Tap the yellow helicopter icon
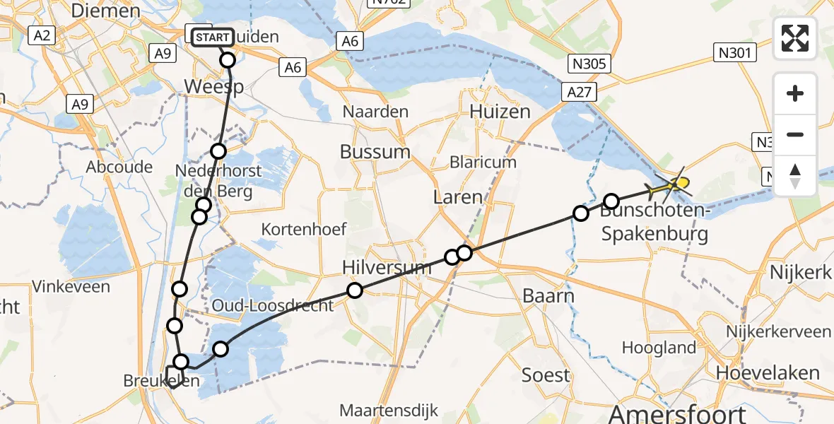671,186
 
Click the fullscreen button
795,38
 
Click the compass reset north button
795,176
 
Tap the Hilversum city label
386,267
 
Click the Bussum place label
375,152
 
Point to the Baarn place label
548,295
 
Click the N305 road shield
587,64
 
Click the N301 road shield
735,52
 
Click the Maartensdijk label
389,410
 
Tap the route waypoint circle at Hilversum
355,290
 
